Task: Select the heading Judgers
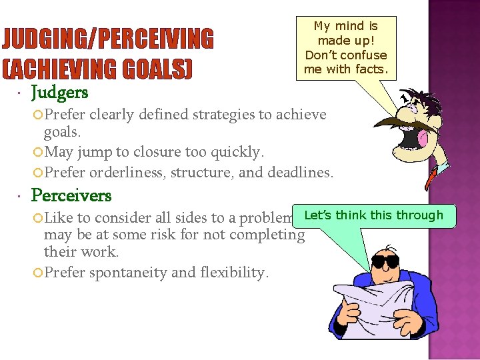pyautogui.click(x=59, y=91)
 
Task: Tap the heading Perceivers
pyautogui.click(x=71, y=195)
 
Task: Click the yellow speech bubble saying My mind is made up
pyautogui.click(x=345, y=47)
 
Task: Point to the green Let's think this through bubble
pyautogui.click(x=373, y=215)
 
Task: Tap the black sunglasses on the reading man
pyautogui.click(x=387, y=261)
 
